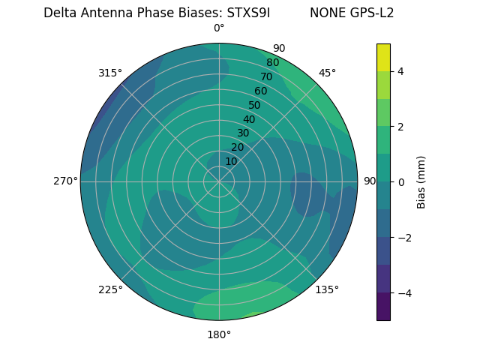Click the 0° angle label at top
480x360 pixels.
coord(219,28)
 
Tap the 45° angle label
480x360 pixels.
coord(327,73)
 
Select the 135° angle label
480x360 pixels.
coord(327,289)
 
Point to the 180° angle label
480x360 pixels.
coord(219,334)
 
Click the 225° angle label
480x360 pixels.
coord(110,289)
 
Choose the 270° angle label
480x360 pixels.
coord(65,181)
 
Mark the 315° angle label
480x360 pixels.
coord(110,73)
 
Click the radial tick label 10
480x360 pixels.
coord(231,161)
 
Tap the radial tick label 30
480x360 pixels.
coord(243,133)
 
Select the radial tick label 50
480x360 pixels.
coord(254,105)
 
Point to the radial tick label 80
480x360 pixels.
coord(272,62)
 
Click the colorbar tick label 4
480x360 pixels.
coord(401,71)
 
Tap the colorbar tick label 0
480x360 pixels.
coord(401,182)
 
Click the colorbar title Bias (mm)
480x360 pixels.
coord(421,182)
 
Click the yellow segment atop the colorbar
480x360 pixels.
coord(383,57)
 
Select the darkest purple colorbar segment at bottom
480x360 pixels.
coord(383,307)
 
